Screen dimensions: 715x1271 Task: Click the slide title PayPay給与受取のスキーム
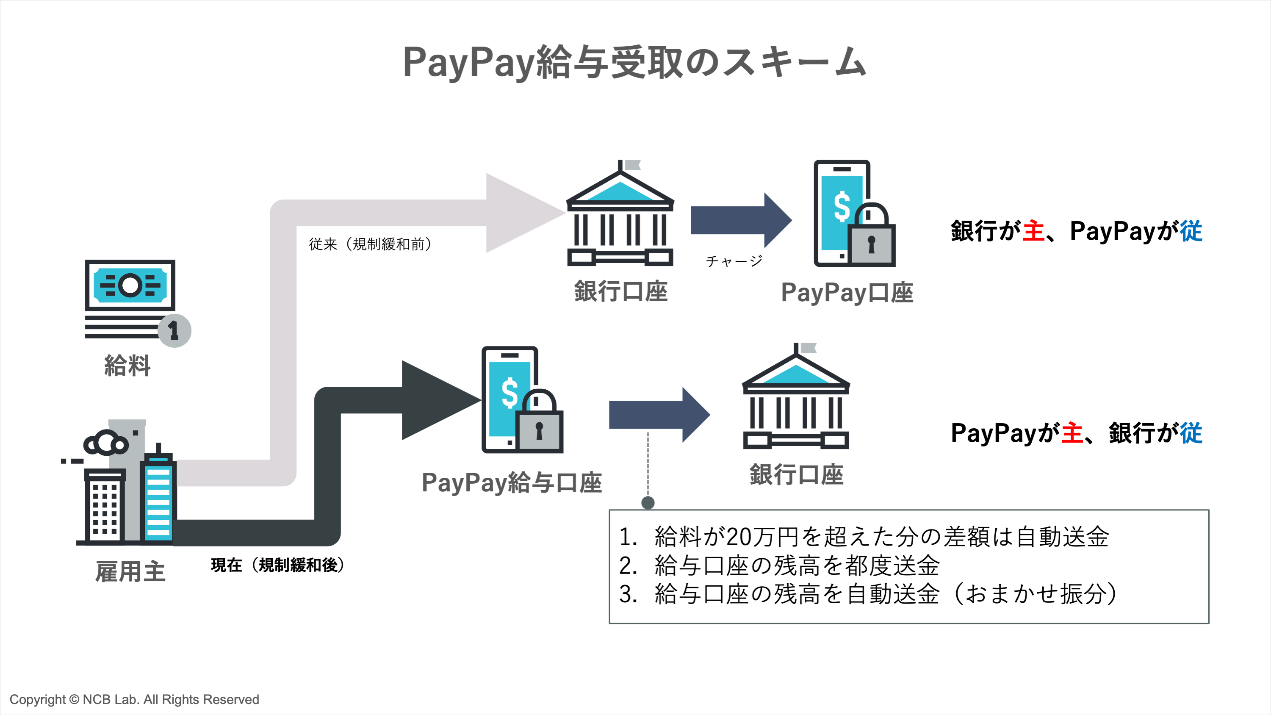pos(634,63)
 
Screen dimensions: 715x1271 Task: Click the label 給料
pos(127,366)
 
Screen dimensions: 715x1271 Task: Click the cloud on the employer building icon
pos(106,443)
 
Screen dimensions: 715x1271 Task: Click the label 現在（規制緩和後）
pos(277,565)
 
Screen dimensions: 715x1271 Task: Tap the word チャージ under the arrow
pos(734,261)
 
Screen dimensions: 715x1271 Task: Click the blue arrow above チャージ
pos(740,221)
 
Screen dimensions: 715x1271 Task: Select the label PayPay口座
pos(847,293)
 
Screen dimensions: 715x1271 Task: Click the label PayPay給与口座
pos(511,482)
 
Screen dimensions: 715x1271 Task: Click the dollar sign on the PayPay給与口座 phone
pos(510,393)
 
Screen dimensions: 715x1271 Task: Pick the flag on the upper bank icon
pos(632,165)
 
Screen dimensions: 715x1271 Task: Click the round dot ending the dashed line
pos(648,503)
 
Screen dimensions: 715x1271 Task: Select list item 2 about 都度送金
pos(780,565)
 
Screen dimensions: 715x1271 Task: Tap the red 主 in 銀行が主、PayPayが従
pos(1033,231)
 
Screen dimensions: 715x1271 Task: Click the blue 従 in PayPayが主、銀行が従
pos(1191,433)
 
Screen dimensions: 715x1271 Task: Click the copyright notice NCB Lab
pos(134,699)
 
